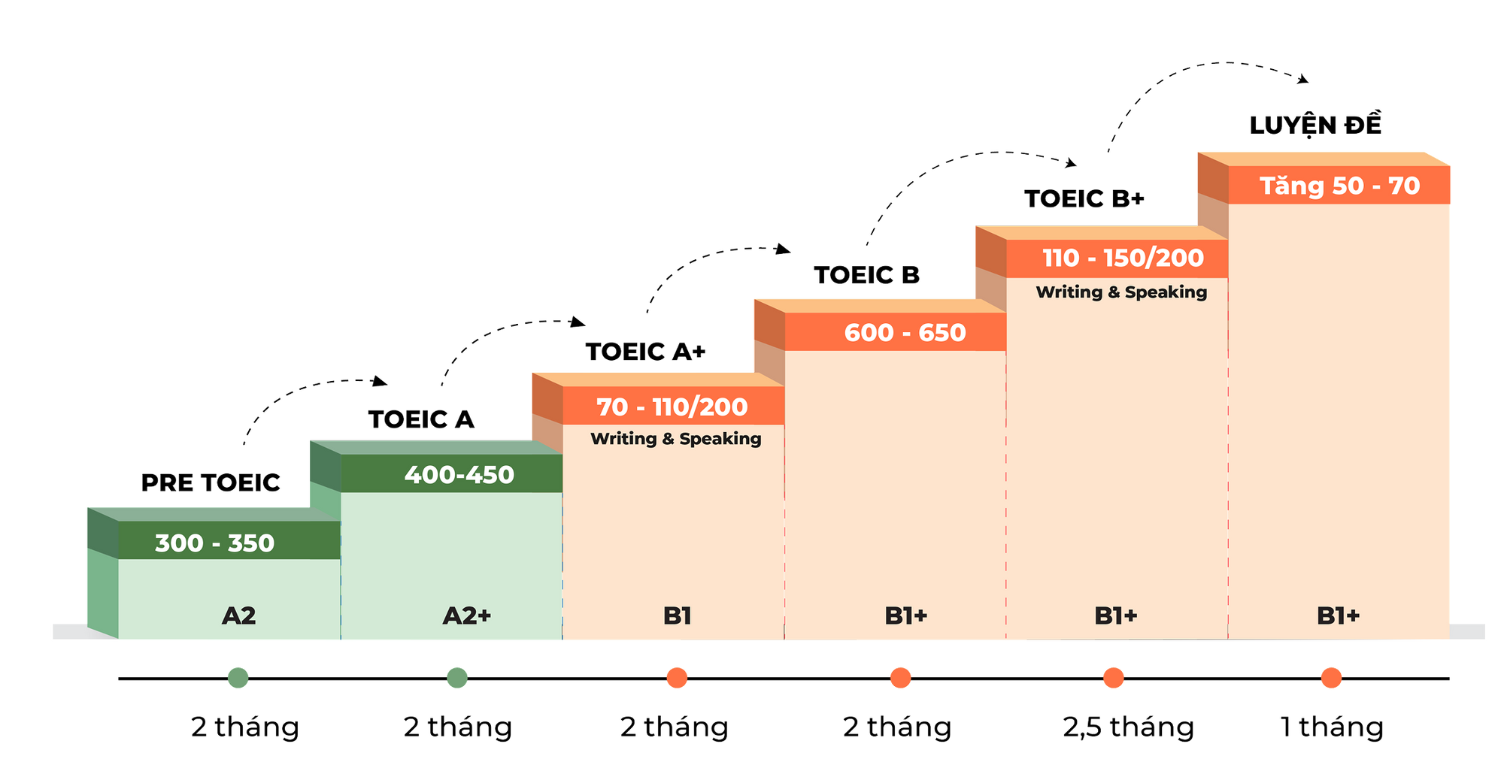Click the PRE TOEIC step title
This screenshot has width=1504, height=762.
[x=211, y=482]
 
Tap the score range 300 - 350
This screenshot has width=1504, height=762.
[x=214, y=543]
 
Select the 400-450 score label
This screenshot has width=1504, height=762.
[x=459, y=475]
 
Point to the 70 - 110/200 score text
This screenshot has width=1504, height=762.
[x=672, y=407]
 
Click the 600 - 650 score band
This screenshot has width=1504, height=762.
[x=905, y=332]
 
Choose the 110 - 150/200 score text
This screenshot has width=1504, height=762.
[x=1123, y=258]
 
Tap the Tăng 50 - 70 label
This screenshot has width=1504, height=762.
[x=1339, y=186]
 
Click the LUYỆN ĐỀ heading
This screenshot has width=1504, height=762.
[x=1316, y=125]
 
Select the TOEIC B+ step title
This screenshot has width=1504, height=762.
[x=1084, y=198]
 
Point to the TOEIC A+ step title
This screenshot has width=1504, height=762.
[x=645, y=351]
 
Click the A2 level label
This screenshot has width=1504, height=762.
[x=239, y=615]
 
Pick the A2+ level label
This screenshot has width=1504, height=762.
[x=466, y=615]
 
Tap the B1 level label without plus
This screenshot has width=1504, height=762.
[x=677, y=615]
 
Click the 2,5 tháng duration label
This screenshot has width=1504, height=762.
[x=1126, y=727]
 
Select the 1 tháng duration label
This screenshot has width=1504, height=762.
[x=1331, y=727]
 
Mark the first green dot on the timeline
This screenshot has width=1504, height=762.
[x=238, y=678]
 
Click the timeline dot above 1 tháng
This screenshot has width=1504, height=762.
[x=1331, y=678]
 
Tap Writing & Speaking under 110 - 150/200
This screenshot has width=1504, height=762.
[x=1121, y=292]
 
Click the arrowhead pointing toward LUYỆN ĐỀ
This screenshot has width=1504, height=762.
[x=1305, y=77]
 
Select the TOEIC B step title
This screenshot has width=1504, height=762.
[x=866, y=275]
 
